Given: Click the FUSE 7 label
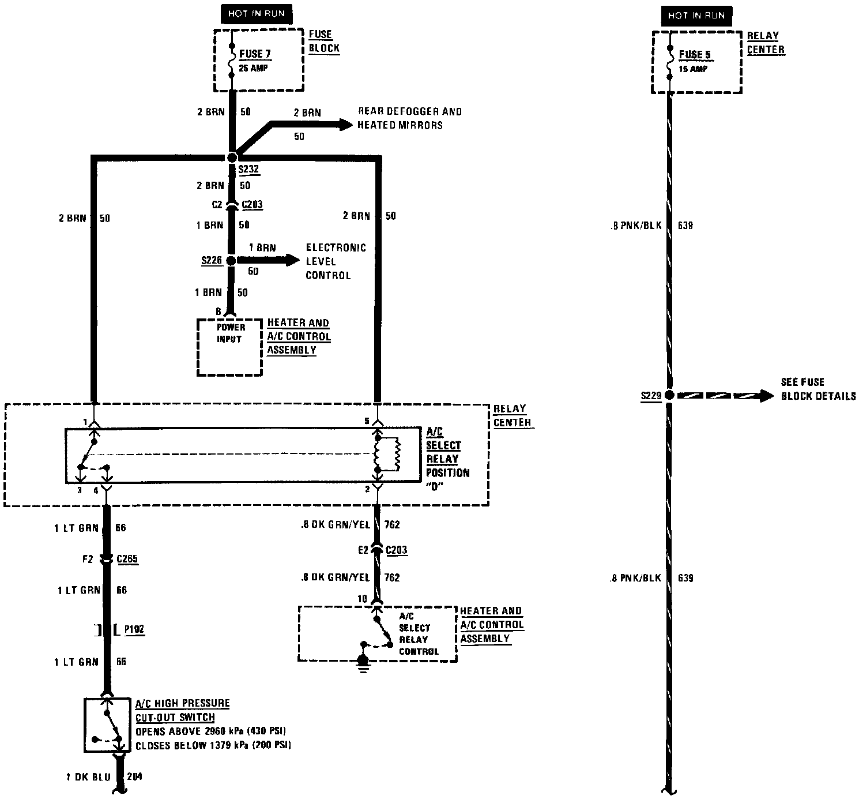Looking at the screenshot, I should click(255, 54).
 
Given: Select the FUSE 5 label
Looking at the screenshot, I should click(695, 55).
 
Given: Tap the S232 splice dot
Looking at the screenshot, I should click(232, 157).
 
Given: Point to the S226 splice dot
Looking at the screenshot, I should click(231, 261).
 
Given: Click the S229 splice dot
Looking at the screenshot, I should click(669, 395).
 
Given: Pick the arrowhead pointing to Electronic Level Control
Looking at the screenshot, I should click(291, 260).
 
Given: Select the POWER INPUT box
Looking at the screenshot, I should click(230, 347).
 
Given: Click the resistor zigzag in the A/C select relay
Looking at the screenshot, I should click(396, 455).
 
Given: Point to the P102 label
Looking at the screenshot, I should click(134, 629).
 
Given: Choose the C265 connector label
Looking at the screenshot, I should click(127, 559).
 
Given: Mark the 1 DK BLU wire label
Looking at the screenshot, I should click(88, 777).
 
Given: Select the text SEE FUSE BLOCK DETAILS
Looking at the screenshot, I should click(818, 389).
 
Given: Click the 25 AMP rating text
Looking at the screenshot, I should click(253, 68).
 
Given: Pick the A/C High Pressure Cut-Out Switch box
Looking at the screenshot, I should click(107, 725).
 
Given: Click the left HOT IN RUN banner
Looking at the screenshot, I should click(256, 14).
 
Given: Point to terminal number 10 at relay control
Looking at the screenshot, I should click(362, 599).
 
